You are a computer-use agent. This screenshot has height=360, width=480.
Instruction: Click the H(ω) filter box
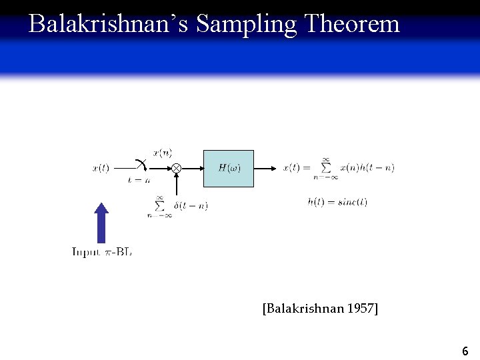(x=229, y=168)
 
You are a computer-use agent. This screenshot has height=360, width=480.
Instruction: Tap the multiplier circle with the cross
(x=176, y=169)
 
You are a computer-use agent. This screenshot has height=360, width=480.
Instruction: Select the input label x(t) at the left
(x=101, y=169)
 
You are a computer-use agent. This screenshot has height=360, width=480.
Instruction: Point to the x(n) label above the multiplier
(x=163, y=153)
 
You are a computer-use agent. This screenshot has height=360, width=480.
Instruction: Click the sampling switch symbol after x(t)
(x=141, y=165)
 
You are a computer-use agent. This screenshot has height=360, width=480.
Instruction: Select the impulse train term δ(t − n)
(x=191, y=206)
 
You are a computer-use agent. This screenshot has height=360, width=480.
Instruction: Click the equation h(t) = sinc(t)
(x=337, y=201)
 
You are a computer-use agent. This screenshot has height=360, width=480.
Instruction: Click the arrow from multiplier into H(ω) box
(x=191, y=169)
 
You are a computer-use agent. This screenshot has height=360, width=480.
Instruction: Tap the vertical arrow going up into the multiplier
(x=176, y=185)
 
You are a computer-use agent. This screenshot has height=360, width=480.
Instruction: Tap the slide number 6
(x=465, y=351)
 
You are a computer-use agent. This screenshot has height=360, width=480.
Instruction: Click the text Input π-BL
(x=102, y=252)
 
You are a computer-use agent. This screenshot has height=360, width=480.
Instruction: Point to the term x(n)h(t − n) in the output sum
(x=367, y=168)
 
